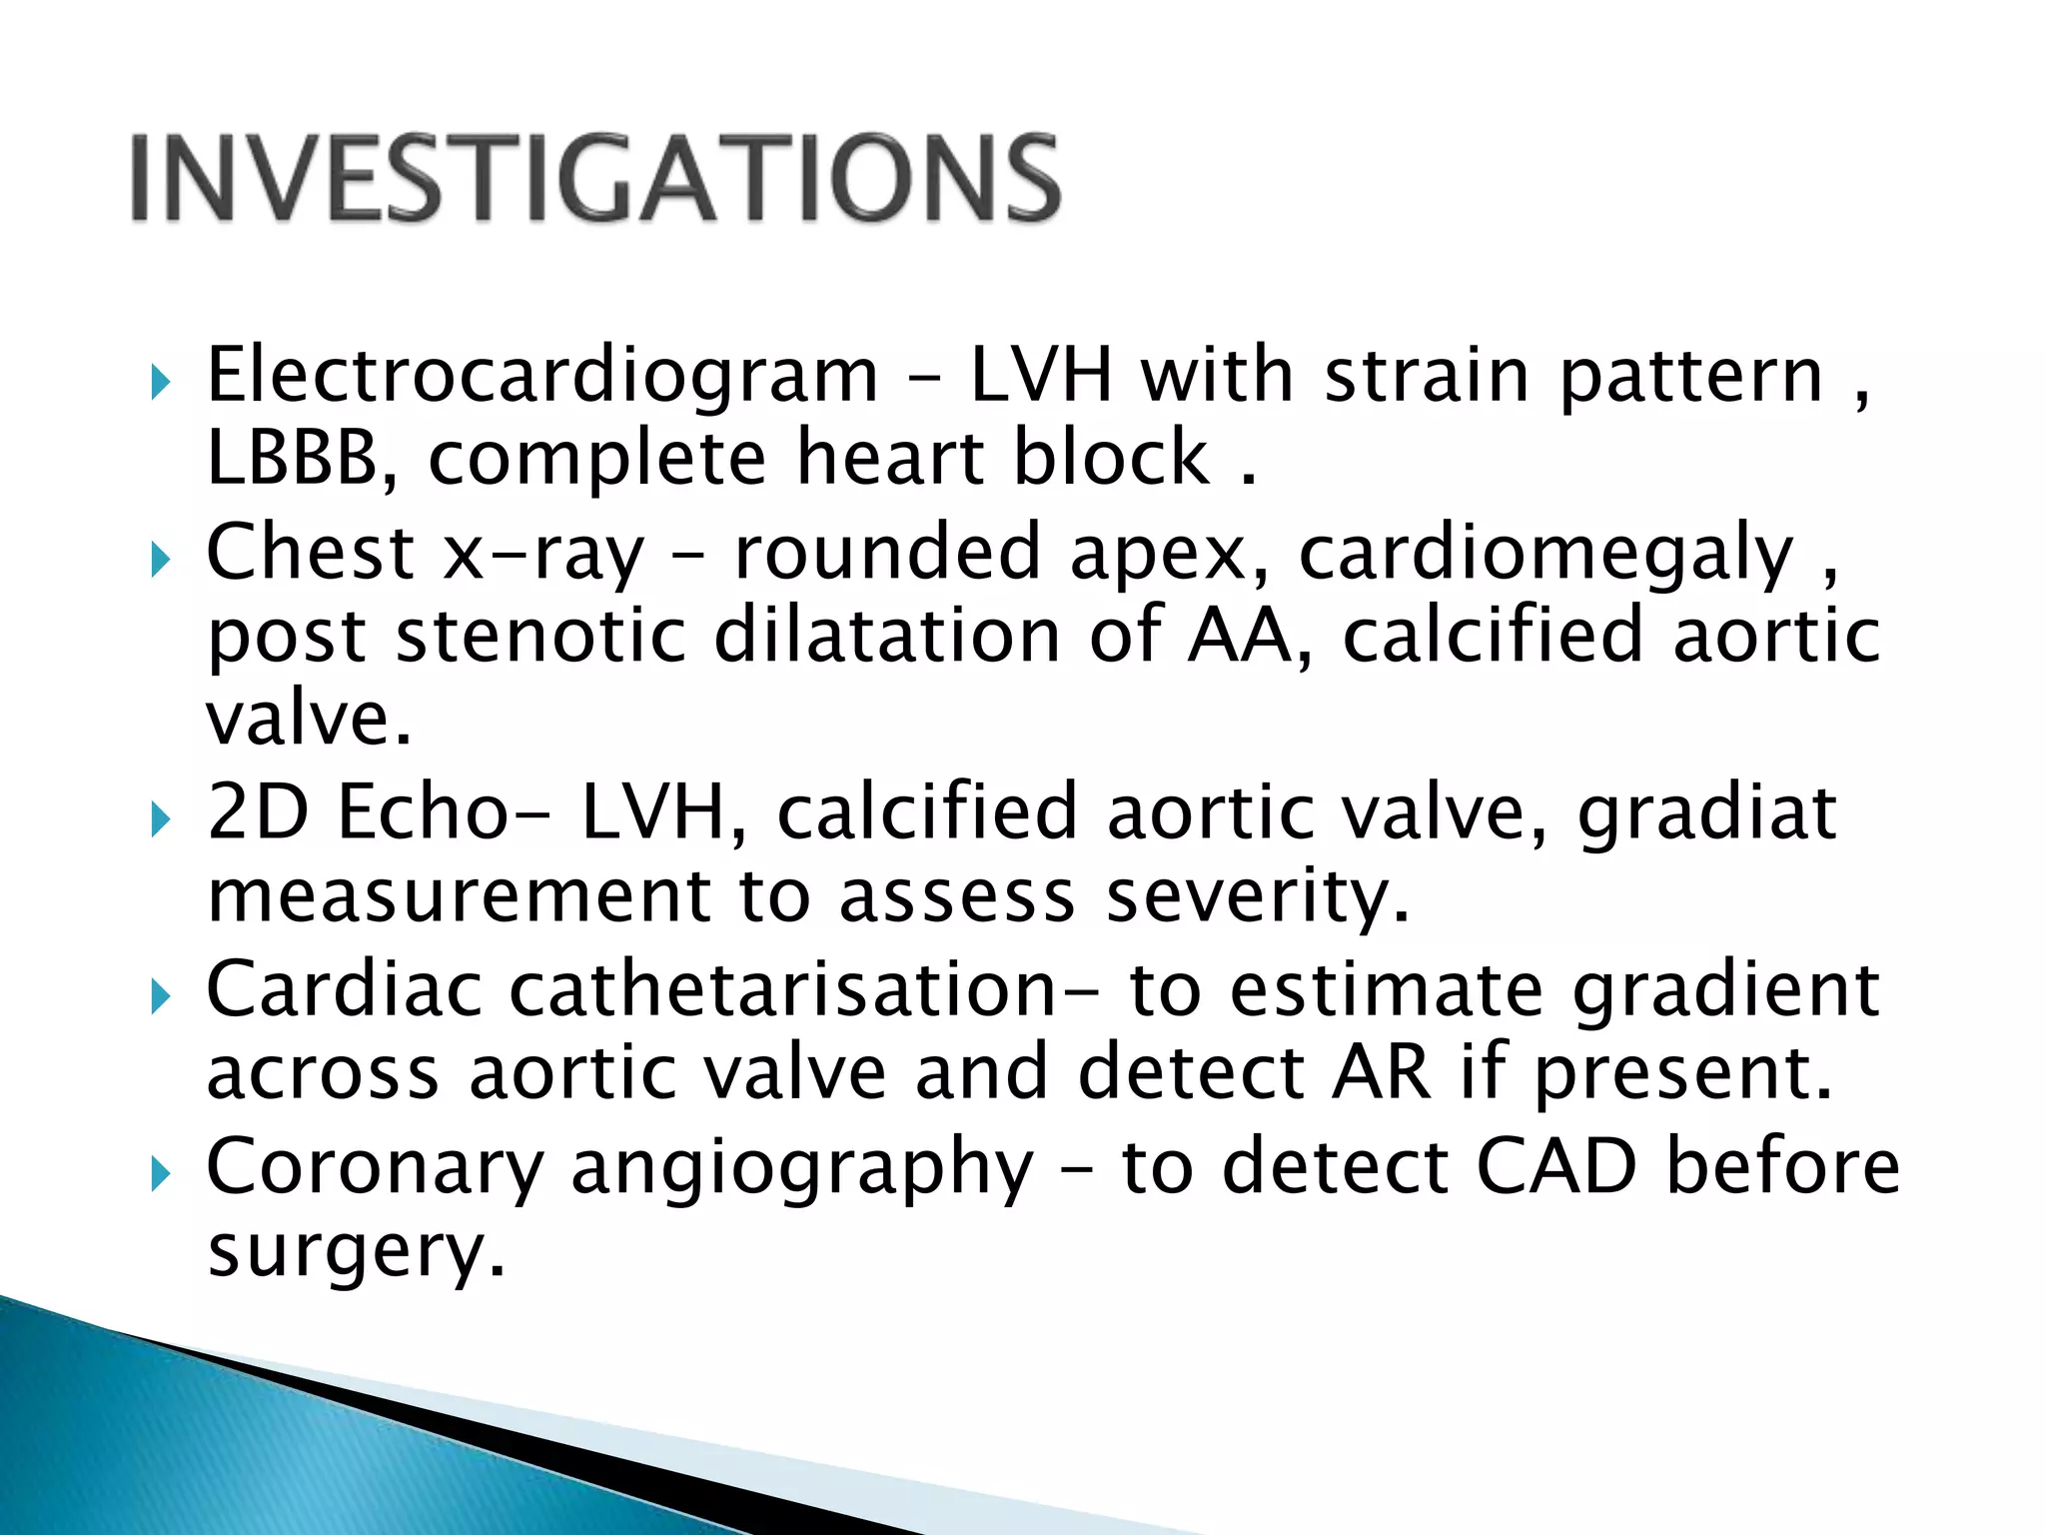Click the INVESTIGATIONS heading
pyautogui.click(x=595, y=179)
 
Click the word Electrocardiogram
pyautogui.click(x=541, y=377)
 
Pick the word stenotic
pyautogui.click(x=540, y=637)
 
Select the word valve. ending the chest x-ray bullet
pyautogui.click(x=309, y=720)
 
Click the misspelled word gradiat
pyautogui.click(x=1706, y=813)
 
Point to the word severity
pyautogui.click(x=1258, y=896)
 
